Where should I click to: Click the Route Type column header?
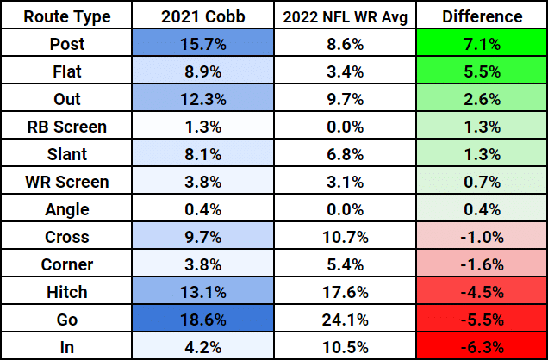coord(65,16)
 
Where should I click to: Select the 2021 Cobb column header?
coord(205,16)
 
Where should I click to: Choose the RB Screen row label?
coord(65,127)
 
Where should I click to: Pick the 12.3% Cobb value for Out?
coord(205,99)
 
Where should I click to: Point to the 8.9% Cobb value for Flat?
coord(205,71)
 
